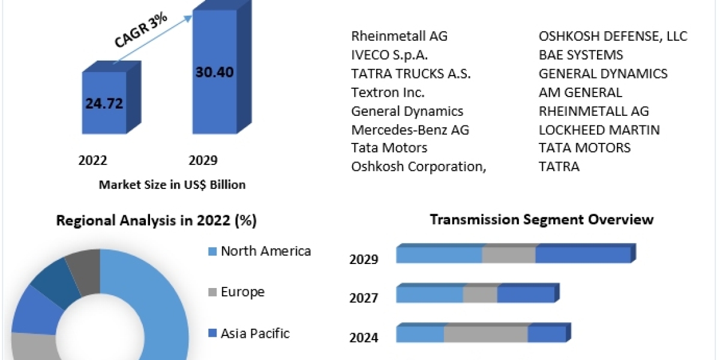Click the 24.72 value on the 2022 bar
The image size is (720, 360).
(104, 103)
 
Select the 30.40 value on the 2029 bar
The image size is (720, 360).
(214, 72)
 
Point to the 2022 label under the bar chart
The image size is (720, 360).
(92, 160)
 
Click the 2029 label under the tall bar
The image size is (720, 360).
(203, 160)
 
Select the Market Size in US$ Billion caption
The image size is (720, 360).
(172, 185)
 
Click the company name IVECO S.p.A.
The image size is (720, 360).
(389, 55)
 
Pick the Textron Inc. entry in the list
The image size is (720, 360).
(388, 92)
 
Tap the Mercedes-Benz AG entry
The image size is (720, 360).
(410, 130)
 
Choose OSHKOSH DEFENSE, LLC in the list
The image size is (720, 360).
(613, 36)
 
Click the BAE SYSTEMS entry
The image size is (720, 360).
(581, 55)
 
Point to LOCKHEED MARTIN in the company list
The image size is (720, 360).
(599, 130)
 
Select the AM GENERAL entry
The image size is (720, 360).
(580, 92)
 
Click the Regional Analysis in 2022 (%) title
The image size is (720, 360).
(157, 221)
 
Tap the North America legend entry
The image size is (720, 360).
(265, 251)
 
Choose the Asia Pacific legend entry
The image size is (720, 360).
(255, 333)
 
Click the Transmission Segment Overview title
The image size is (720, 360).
(542, 220)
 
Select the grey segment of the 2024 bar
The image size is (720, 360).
(485, 335)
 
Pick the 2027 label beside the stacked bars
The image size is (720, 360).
(364, 298)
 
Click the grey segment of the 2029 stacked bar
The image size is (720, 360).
(508, 255)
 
